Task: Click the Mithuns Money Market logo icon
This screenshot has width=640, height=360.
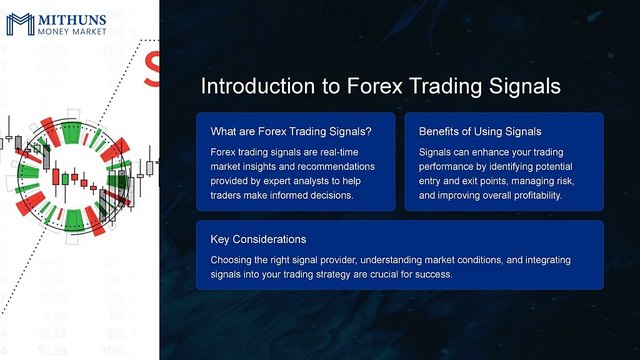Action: (19, 23)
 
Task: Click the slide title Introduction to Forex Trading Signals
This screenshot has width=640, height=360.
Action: (380, 86)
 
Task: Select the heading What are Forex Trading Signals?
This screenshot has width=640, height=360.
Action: (291, 131)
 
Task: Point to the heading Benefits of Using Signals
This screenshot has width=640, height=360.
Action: (479, 131)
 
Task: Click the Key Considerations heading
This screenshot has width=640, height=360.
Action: (258, 240)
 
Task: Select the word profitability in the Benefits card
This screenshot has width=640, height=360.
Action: (534, 196)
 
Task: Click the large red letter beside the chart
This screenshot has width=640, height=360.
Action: (152, 68)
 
